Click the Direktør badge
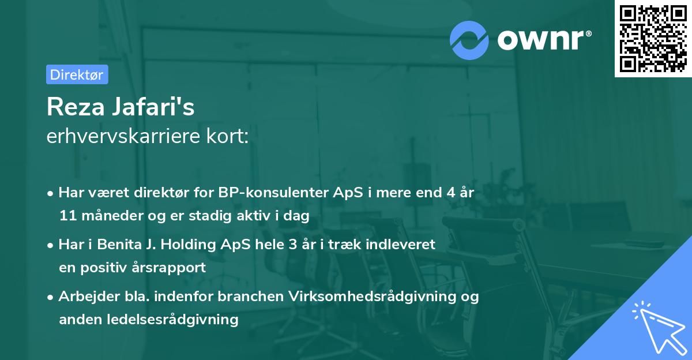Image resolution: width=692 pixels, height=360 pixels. (77, 74)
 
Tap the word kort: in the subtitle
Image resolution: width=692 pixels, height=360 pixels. (228, 137)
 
